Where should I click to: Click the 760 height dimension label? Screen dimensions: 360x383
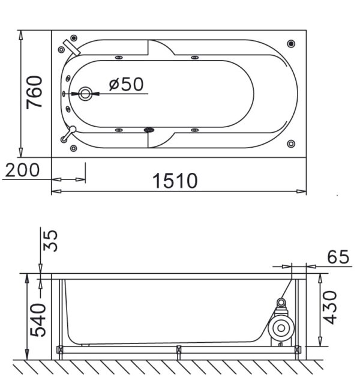(x=34, y=92)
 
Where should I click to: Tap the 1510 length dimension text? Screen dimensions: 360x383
(x=175, y=181)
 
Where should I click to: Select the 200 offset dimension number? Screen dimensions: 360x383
(x=22, y=170)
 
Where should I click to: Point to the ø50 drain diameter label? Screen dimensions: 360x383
(x=126, y=84)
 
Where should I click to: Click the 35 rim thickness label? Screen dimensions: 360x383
(x=50, y=241)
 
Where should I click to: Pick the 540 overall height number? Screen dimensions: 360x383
(x=38, y=320)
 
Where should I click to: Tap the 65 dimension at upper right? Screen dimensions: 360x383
(x=338, y=257)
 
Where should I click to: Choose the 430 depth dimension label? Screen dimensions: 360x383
(x=329, y=307)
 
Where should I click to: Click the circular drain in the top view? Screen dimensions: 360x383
(x=85, y=94)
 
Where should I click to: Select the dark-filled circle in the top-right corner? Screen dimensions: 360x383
(x=291, y=44)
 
